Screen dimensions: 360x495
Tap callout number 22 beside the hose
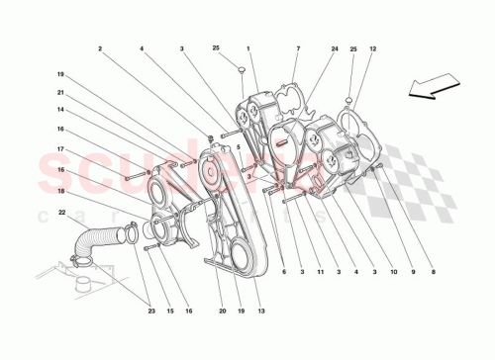[x=61, y=213]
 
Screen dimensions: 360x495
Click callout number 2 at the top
[x=100, y=48]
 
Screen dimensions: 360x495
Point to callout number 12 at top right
[x=373, y=48]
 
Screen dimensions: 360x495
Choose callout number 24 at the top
[x=335, y=48]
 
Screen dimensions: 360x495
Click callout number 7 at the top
[x=297, y=48]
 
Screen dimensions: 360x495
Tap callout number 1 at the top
[x=248, y=48]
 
